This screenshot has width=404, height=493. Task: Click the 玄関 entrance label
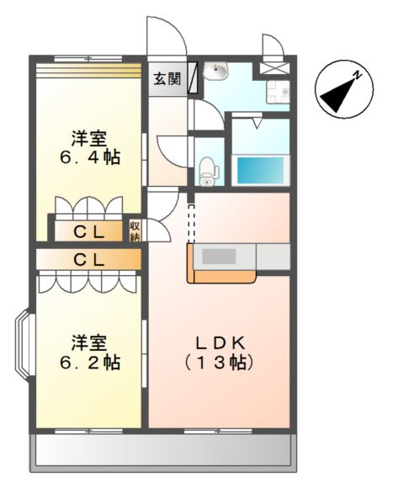[167, 79]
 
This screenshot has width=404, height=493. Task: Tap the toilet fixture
[207, 171]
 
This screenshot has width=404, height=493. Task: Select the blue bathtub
[259, 170]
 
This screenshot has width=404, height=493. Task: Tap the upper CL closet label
[88, 231]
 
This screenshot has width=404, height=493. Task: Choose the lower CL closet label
[88, 260]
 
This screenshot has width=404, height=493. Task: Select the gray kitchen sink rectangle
[223, 257]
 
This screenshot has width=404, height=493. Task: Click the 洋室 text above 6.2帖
[88, 342]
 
